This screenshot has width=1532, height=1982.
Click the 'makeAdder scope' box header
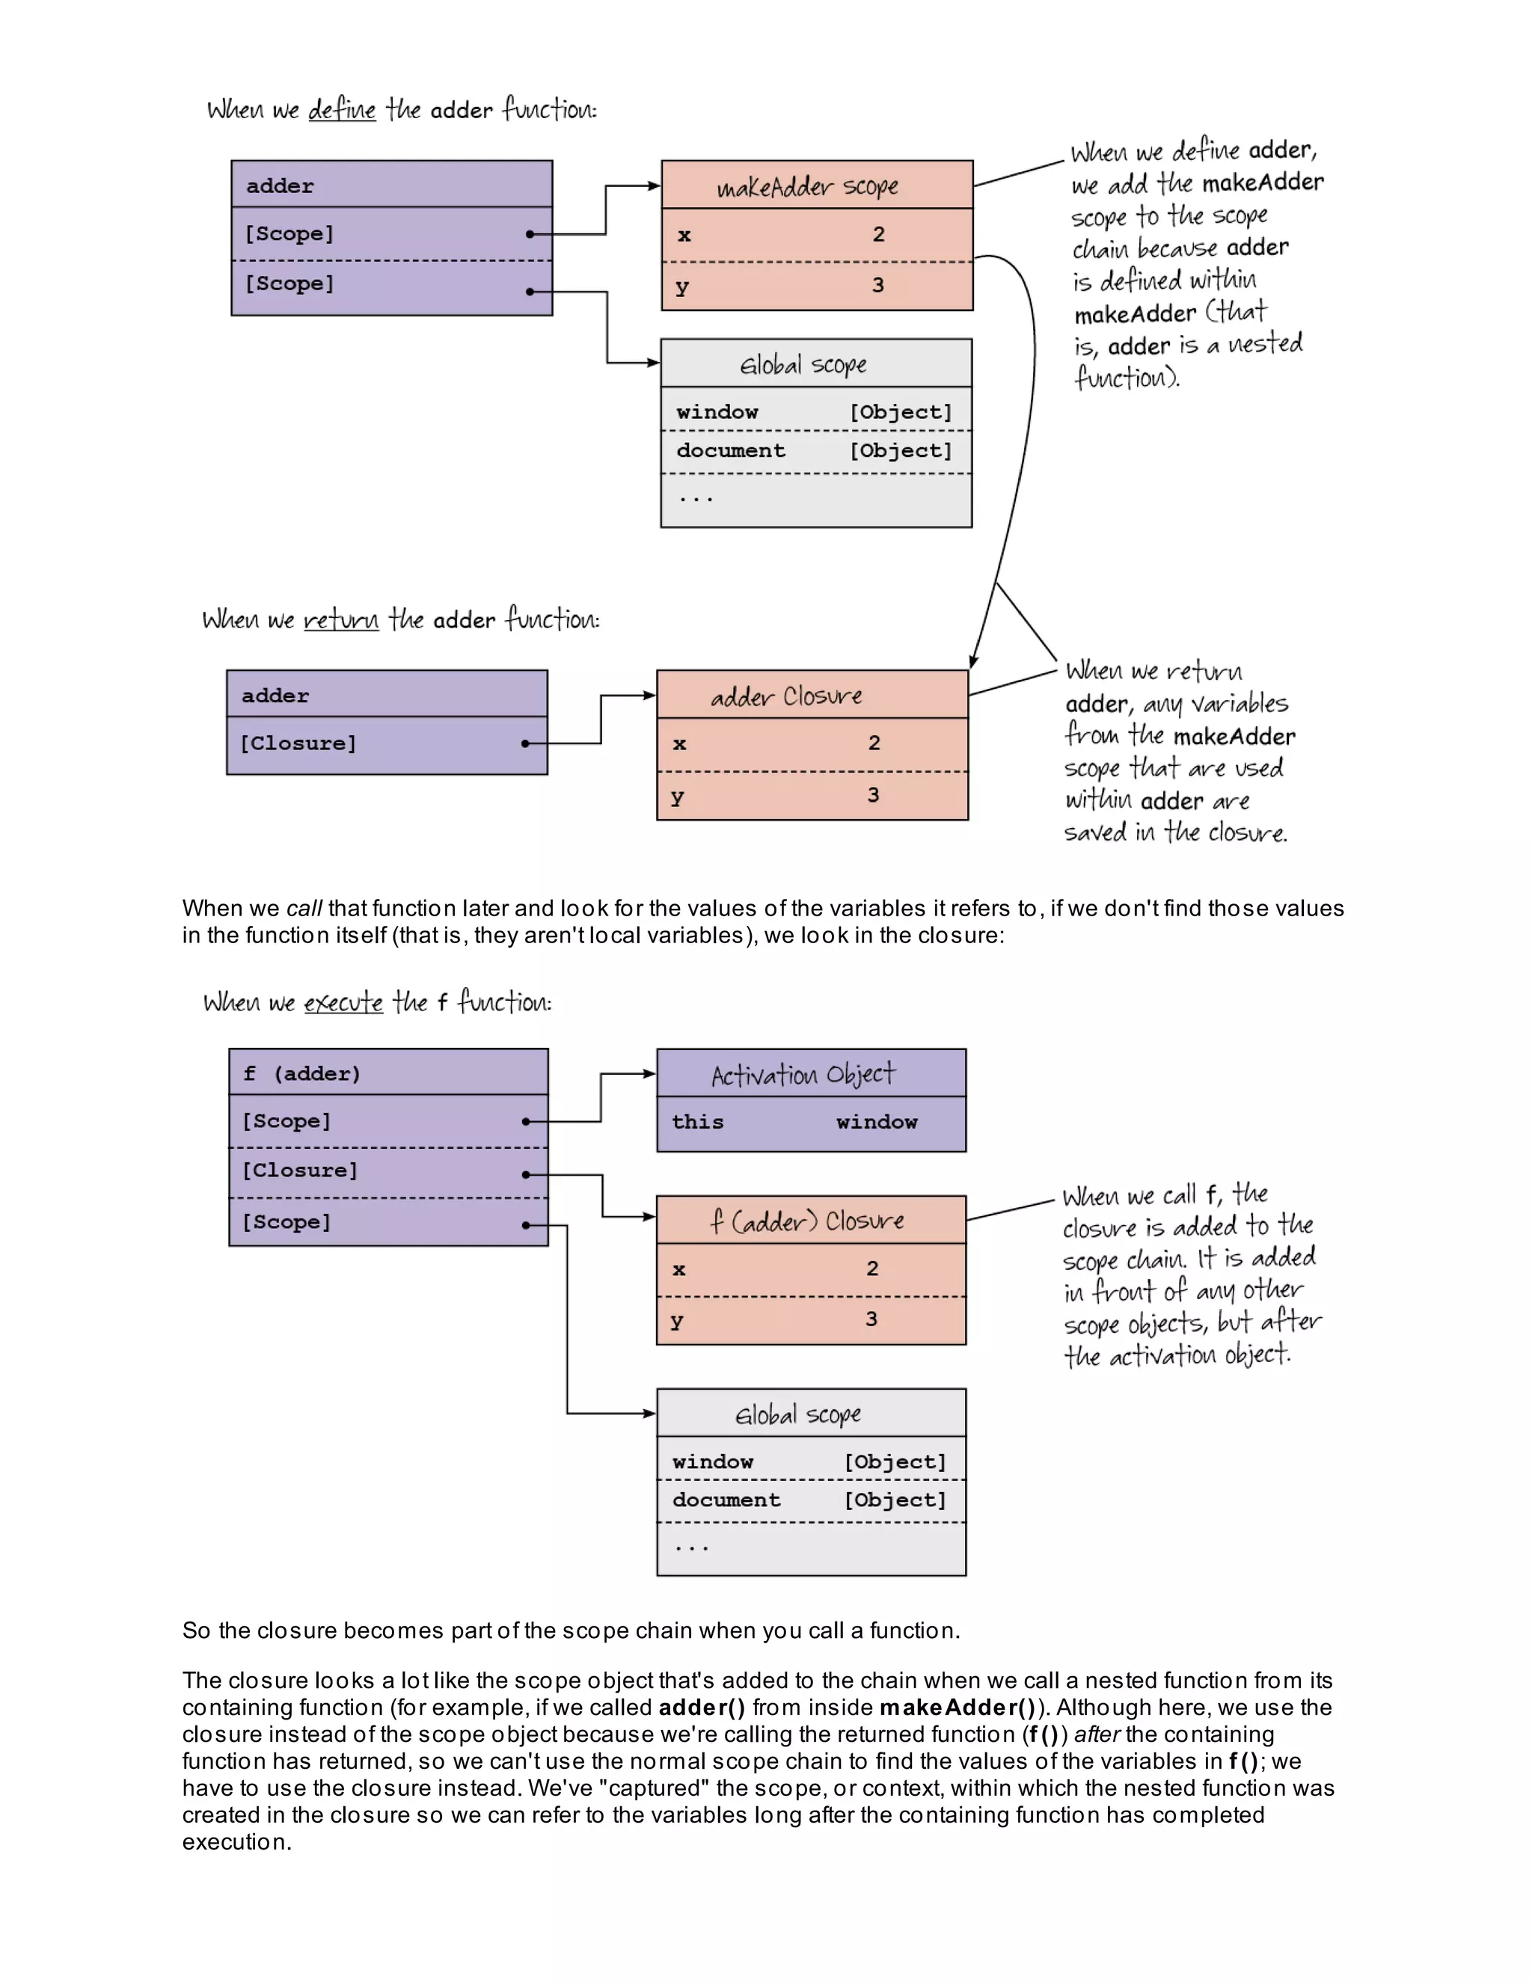coord(807,186)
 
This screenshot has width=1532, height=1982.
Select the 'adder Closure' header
coord(786,696)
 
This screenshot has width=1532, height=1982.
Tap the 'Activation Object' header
coord(803,1075)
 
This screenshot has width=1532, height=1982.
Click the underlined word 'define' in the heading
coord(341,110)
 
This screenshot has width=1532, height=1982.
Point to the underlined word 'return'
coord(340,620)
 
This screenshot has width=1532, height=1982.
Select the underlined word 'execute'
coord(343,1003)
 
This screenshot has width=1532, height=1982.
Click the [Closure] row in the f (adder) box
coord(299,1171)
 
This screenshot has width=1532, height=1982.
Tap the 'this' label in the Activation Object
coord(697,1123)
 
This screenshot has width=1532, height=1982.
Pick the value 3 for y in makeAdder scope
coord(877,285)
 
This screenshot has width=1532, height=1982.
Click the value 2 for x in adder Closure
coord(874,743)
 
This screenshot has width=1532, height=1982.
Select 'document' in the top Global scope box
coord(731,451)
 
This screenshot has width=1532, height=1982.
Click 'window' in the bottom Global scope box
coord(712,1462)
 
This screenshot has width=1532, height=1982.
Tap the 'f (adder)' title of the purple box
coord(301,1073)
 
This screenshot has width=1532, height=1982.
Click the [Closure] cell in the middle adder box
coord(298,744)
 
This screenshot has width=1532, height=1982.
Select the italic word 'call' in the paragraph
coord(304,909)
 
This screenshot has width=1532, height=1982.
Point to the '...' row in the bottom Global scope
coord(692,1547)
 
